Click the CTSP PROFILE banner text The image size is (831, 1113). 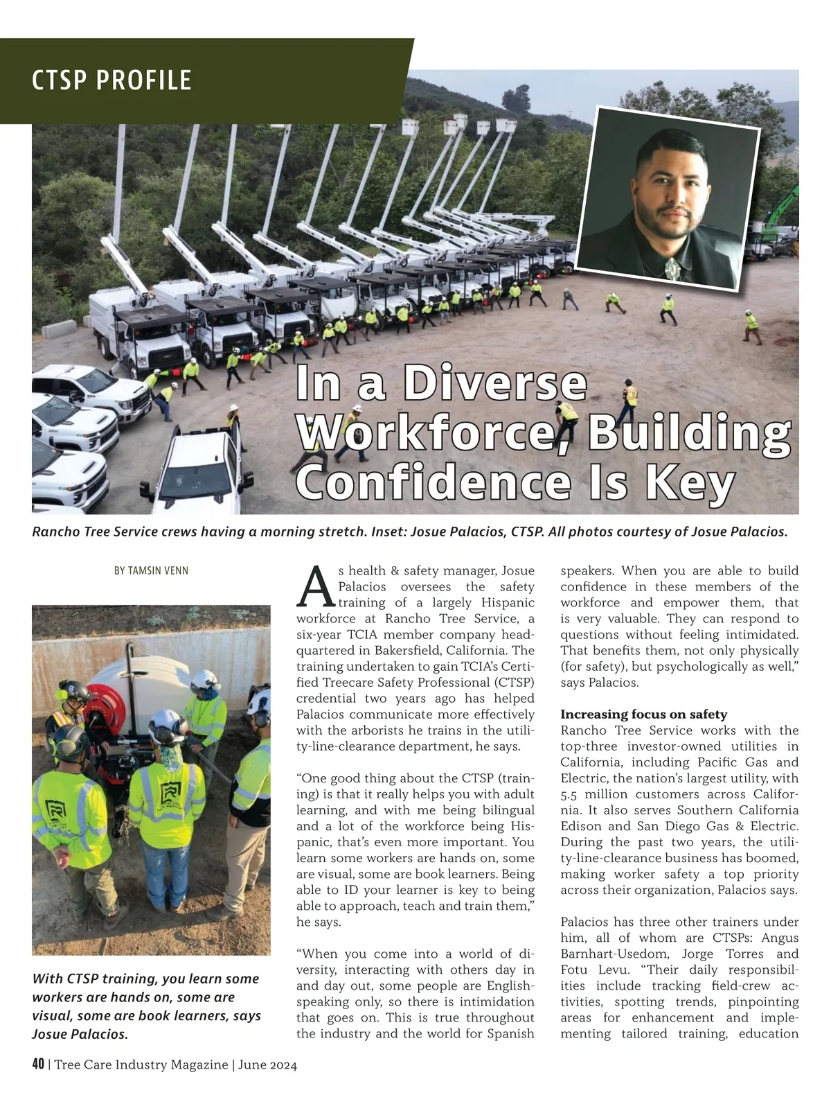[x=111, y=80]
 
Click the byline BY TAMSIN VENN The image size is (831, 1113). [x=151, y=571]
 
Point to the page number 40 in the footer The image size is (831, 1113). [x=38, y=1064]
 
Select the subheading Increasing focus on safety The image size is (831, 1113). [x=643, y=715]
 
